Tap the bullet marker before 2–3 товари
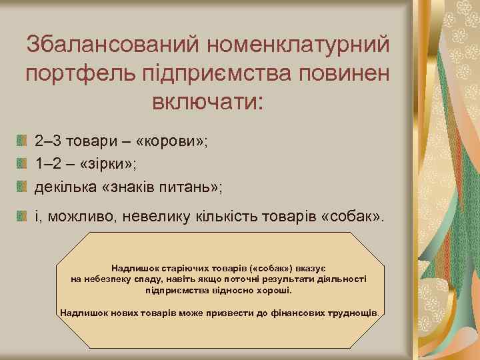tap(22, 141)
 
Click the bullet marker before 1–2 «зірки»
tap(22, 163)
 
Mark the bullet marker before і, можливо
tap(22, 215)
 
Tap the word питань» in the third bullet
tap(193, 185)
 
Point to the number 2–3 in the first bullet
tap(49, 142)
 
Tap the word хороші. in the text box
tap(277, 291)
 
